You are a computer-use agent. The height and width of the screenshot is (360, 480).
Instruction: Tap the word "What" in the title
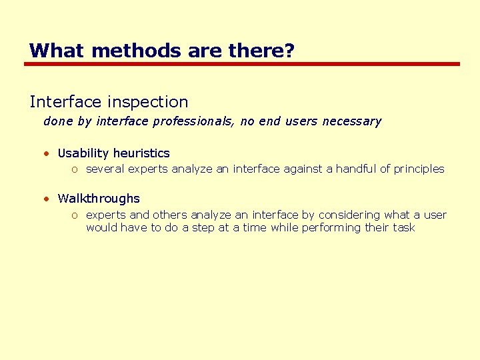pos(51,51)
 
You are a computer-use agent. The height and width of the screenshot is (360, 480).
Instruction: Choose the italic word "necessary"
pos(351,121)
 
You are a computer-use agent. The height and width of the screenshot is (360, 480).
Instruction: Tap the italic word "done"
pos(57,121)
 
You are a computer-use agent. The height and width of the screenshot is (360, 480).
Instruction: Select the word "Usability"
pos(83,153)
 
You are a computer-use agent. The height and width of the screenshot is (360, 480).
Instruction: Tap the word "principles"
pos(419,169)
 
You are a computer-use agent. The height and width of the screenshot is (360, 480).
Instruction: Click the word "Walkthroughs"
pos(99,199)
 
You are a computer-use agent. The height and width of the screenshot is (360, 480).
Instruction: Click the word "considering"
pos(349,215)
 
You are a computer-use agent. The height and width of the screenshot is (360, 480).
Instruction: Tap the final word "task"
pos(404,227)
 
